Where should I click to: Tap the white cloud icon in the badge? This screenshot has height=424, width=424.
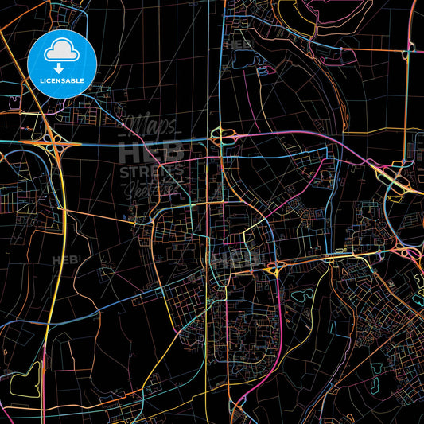(62, 51)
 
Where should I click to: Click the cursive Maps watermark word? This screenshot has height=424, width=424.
(152, 124)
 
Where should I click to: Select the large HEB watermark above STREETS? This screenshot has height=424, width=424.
(151, 151)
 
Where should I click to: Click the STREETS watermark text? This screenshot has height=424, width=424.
(151, 171)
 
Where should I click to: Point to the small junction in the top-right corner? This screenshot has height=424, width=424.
(408, 49)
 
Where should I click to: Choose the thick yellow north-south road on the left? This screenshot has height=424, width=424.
(49, 318)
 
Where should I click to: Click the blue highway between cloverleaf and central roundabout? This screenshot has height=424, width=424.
(135, 146)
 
